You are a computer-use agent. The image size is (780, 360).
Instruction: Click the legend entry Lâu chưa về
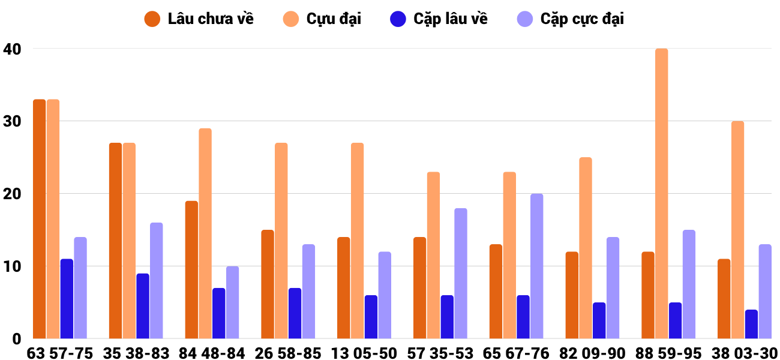(199, 19)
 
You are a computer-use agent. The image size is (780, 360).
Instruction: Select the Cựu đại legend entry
(322, 19)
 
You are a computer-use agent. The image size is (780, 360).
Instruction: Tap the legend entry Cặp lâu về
(439, 19)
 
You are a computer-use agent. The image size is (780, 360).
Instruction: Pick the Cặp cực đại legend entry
(571, 19)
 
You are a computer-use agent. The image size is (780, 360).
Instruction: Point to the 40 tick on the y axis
(12, 49)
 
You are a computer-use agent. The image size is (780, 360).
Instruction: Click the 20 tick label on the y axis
(12, 194)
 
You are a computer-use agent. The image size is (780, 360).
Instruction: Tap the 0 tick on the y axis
(16, 339)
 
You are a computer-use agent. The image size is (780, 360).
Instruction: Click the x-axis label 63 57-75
(60, 353)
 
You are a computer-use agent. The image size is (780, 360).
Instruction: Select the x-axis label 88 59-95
(668, 353)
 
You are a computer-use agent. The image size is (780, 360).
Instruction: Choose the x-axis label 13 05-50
(364, 353)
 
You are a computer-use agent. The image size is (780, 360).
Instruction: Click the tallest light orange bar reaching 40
(662, 194)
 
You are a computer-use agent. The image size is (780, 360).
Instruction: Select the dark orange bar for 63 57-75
(40, 219)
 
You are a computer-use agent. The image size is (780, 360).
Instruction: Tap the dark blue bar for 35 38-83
(143, 306)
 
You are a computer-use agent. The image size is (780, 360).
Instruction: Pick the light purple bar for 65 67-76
(536, 266)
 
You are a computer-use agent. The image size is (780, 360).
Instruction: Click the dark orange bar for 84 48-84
(191, 270)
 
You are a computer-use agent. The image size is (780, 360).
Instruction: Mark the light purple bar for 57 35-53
(461, 274)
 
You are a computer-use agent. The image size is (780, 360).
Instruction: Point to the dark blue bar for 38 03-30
(751, 324)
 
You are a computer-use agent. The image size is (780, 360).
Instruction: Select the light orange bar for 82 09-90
(586, 248)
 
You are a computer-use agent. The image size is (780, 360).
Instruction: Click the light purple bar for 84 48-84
(233, 302)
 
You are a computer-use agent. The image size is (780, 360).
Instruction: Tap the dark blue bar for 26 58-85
(295, 313)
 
